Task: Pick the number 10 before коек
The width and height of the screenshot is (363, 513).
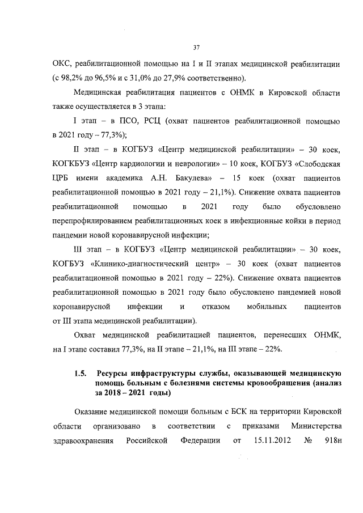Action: pyautogui.click(x=233, y=164)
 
